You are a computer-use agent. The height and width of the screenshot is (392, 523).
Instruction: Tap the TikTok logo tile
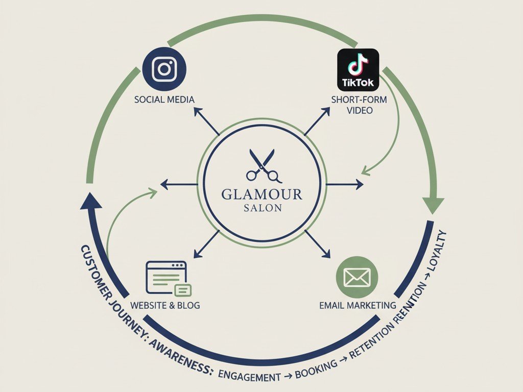[x=358, y=69]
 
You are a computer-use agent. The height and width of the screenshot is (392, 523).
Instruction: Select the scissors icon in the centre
[x=263, y=165]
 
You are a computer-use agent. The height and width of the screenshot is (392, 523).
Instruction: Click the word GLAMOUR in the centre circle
[x=262, y=194]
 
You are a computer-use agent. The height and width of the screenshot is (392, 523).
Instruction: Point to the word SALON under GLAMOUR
[x=262, y=208]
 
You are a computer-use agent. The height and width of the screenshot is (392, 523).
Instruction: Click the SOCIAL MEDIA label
[x=164, y=99]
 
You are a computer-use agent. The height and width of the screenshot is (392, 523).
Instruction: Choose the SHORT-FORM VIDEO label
[x=359, y=105]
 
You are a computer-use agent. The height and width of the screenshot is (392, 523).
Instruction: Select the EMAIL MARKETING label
[x=358, y=305]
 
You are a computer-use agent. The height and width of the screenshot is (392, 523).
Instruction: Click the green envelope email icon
[x=357, y=277]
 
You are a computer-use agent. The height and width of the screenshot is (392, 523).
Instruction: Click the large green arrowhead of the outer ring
[x=432, y=204]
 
